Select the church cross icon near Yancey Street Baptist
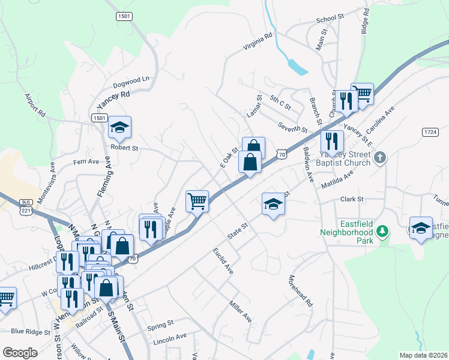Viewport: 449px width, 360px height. point(379,158)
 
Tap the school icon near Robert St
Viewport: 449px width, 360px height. point(119,127)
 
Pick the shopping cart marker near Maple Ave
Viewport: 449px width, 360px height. point(197,201)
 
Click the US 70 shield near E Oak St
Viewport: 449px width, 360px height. point(282,154)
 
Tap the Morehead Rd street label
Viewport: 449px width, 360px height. point(301,290)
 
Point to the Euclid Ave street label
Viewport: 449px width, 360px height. point(223,261)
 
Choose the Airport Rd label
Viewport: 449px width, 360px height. point(35,104)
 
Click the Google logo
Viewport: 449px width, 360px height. point(20,353)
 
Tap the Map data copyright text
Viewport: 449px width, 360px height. point(423,355)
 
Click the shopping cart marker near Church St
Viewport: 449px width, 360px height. point(362,94)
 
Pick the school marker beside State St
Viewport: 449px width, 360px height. point(273,204)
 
